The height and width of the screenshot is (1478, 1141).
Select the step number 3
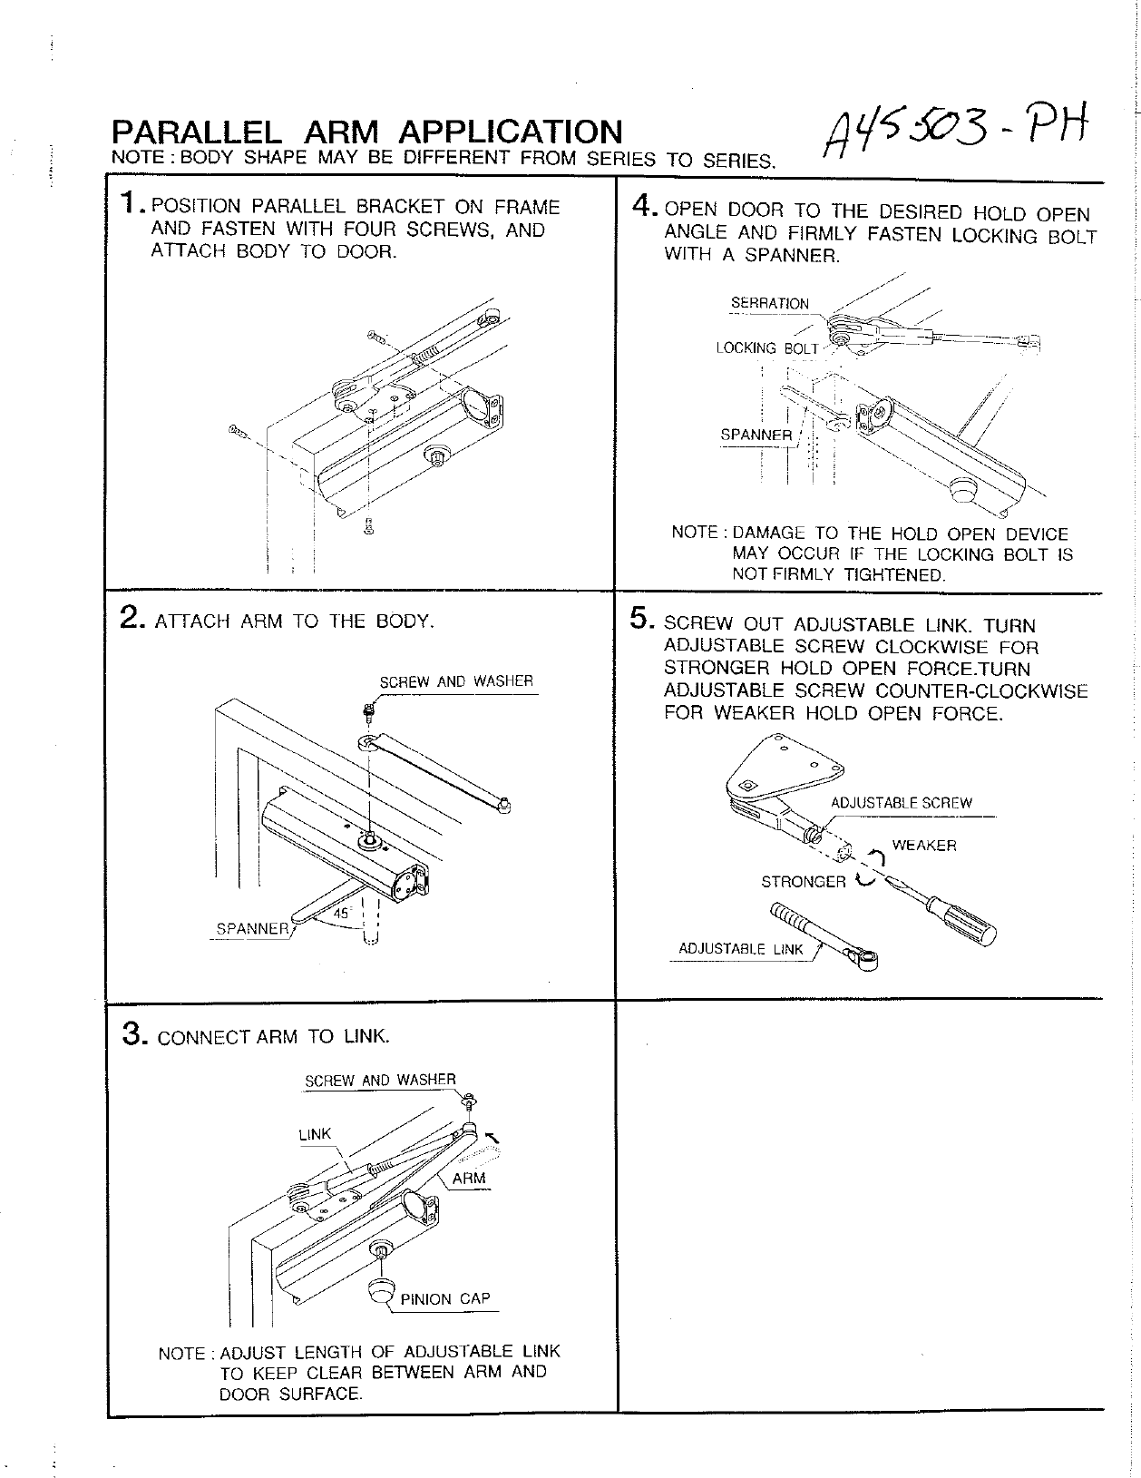(132, 1033)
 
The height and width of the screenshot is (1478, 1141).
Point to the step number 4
(643, 208)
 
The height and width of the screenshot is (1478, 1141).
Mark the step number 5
(642, 621)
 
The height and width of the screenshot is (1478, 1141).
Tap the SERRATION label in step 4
(769, 304)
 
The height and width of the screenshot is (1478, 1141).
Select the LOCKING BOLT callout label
(766, 348)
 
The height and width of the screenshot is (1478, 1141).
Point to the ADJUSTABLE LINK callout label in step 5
(741, 950)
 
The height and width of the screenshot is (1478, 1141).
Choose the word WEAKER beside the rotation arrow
(923, 846)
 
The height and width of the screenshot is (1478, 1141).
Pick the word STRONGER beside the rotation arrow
(803, 882)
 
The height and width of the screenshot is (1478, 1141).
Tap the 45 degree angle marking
(341, 914)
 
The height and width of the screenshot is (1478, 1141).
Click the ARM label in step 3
(469, 1179)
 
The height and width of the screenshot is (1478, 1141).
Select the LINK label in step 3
(315, 1134)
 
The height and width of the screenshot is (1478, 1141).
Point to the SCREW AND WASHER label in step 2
(455, 681)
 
